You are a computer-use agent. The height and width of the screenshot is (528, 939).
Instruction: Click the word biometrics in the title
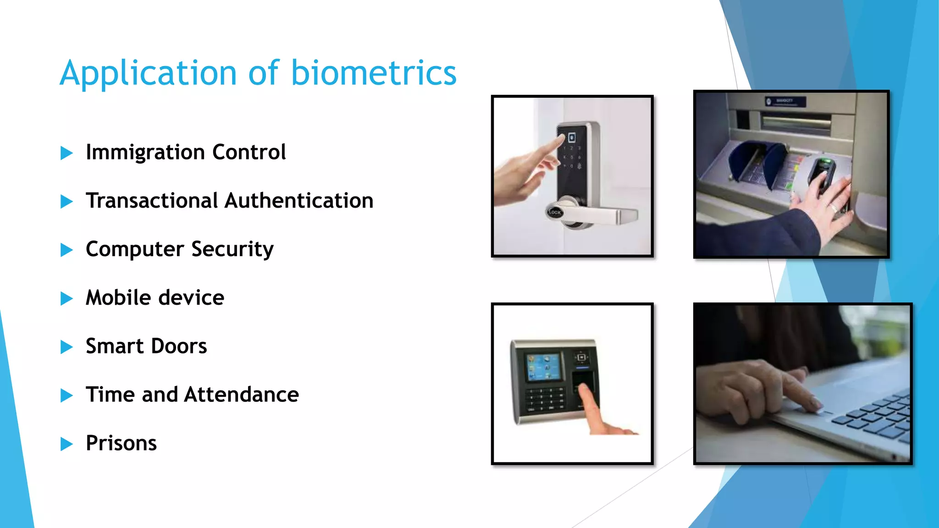[x=374, y=73]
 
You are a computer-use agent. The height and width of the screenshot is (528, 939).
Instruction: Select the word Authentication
[x=299, y=201]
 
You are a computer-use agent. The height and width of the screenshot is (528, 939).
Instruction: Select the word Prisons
[x=121, y=443]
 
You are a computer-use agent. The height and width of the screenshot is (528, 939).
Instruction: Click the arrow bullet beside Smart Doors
[x=66, y=347]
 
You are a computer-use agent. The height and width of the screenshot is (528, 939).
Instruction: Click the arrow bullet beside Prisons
[x=66, y=444]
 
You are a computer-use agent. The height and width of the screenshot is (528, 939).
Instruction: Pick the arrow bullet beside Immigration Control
[x=66, y=153]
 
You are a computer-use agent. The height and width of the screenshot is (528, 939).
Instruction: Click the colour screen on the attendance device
[x=544, y=367]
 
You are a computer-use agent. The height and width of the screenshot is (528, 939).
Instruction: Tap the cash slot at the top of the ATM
[x=796, y=121]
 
